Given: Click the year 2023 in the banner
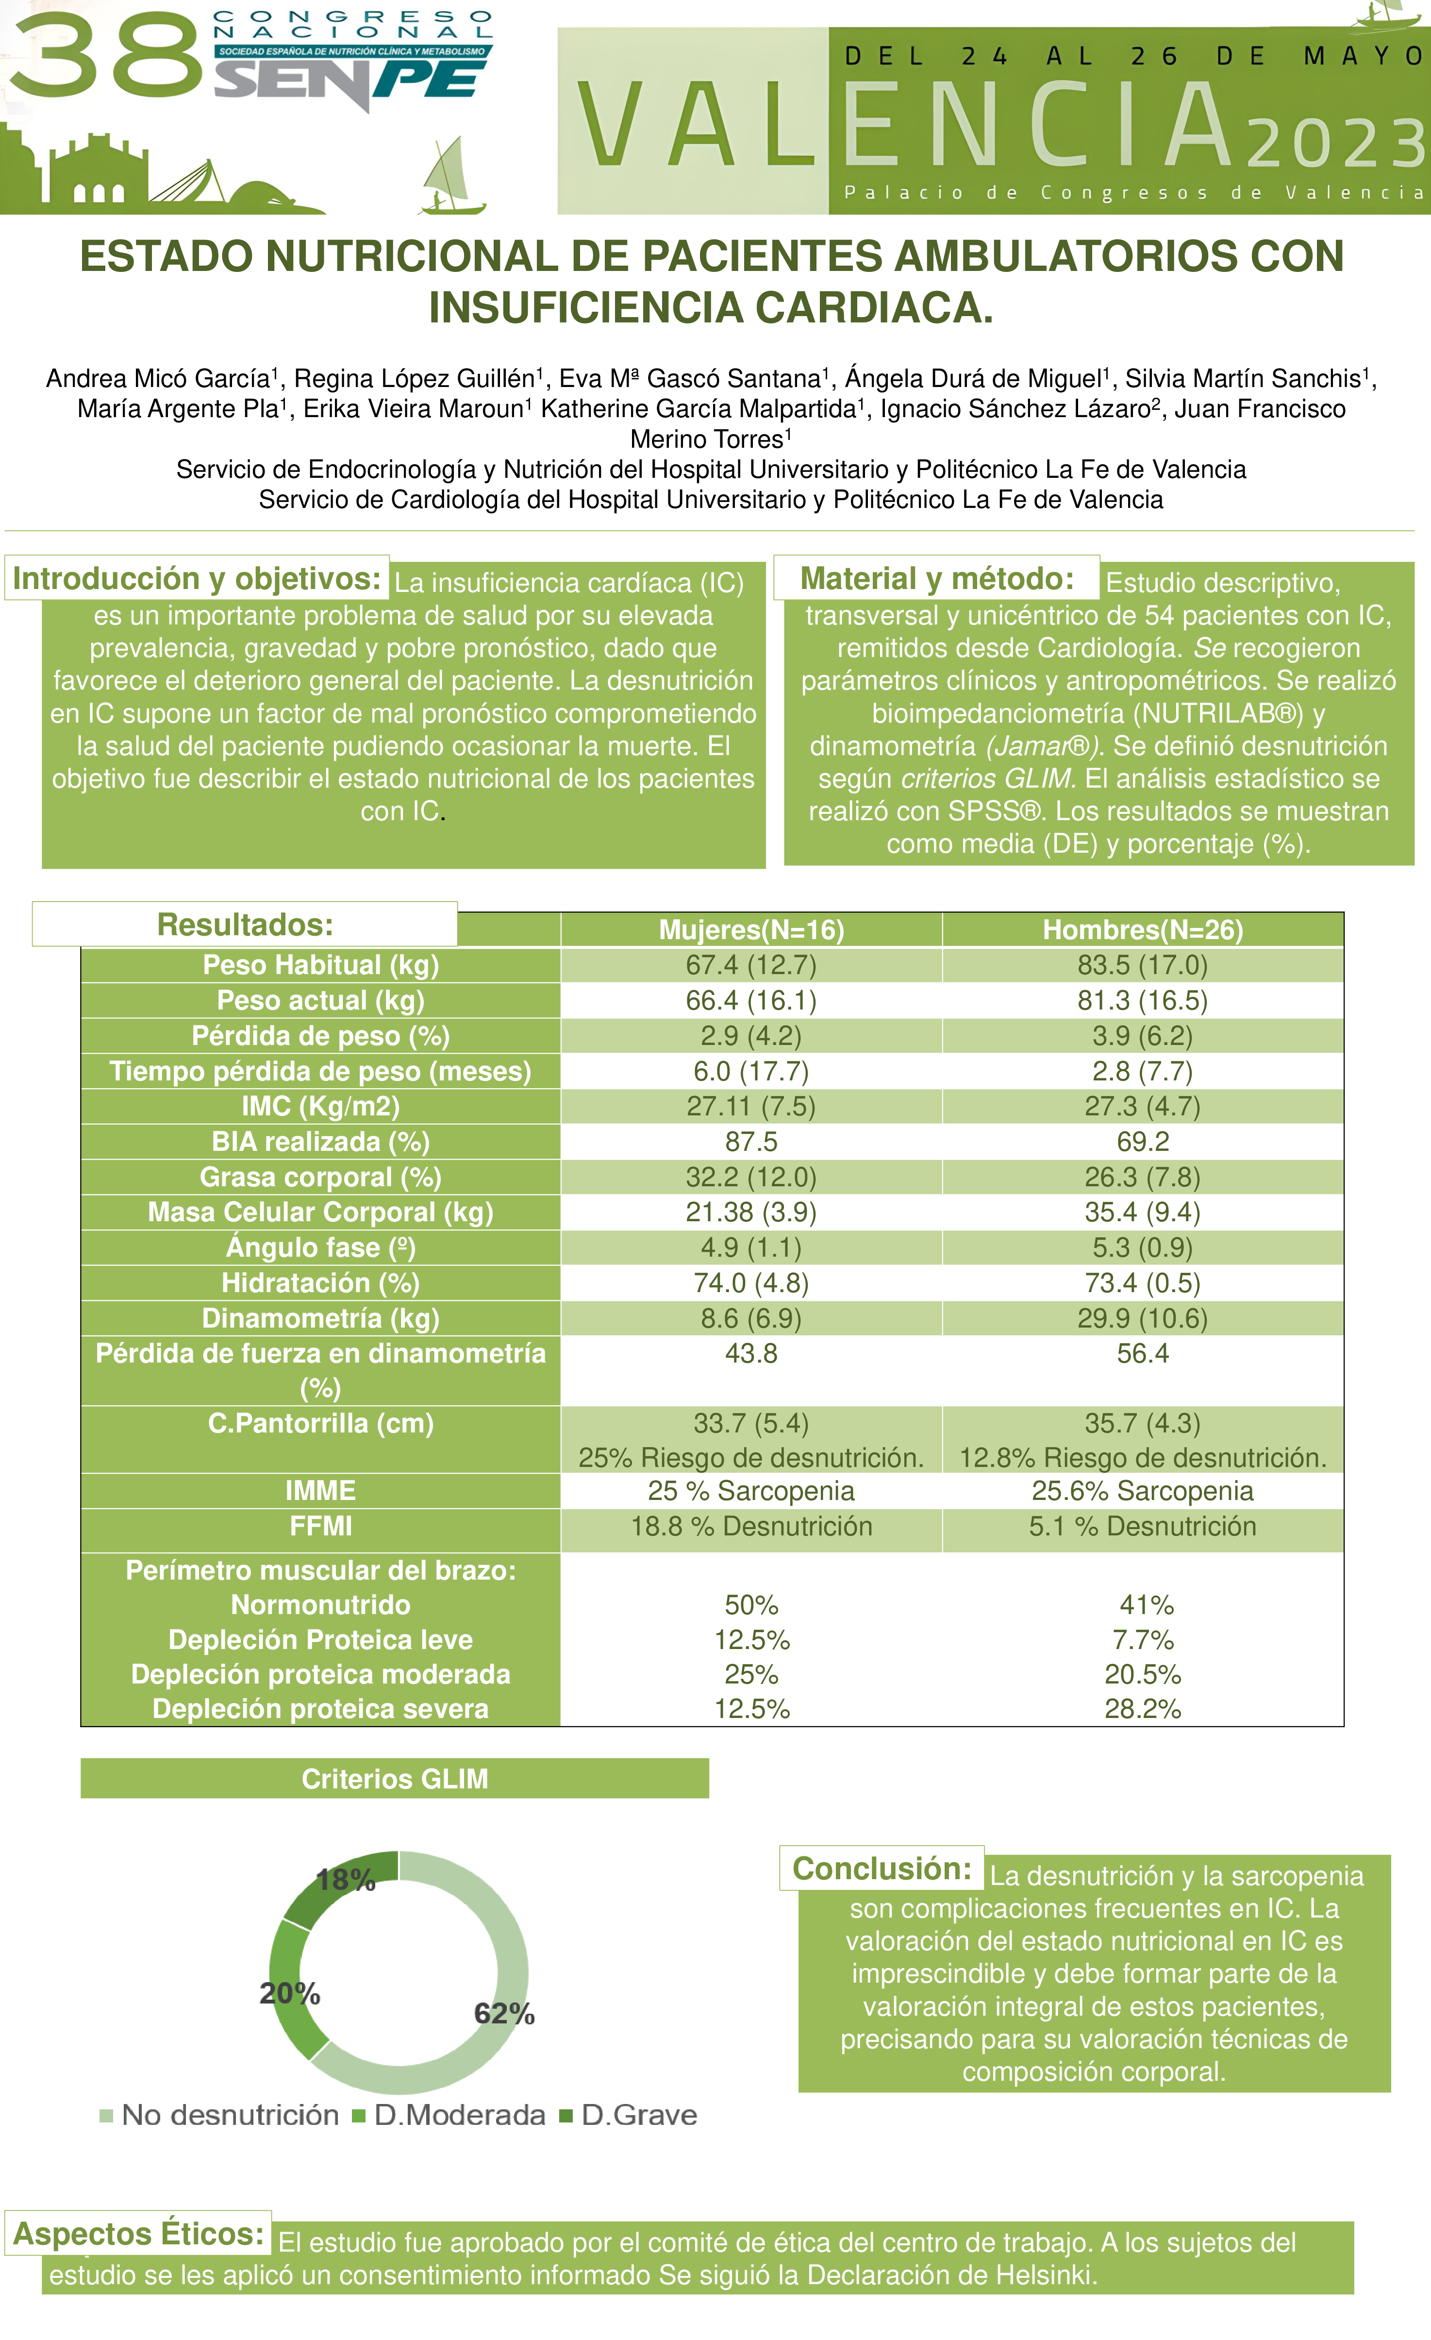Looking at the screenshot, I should (x=1334, y=142).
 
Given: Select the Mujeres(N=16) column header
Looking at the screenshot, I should (x=751, y=930).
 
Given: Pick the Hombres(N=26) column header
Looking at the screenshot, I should (x=1142, y=930).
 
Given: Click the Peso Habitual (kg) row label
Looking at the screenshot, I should (x=321, y=965).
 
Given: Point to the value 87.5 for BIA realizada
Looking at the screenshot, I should (x=751, y=1142).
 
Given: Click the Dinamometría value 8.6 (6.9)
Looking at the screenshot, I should (x=751, y=1318).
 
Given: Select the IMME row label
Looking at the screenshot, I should (x=321, y=1490).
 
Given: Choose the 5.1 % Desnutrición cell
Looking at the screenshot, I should (x=1142, y=1526).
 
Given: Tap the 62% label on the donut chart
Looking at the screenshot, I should (x=504, y=2013).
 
